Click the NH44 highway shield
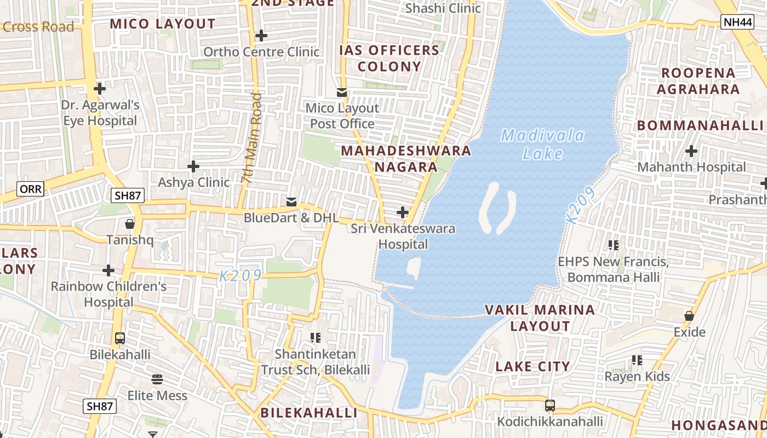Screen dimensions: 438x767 [x=736, y=22]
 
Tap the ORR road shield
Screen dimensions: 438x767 [x=30, y=189]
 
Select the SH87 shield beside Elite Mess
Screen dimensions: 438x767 [x=100, y=406]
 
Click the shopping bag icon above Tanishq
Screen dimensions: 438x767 [x=129, y=224]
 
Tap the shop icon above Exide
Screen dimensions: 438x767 [x=689, y=316]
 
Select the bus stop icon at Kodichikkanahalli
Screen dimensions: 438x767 [x=550, y=406]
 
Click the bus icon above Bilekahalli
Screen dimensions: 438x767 [x=120, y=338]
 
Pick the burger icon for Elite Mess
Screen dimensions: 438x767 [x=157, y=379]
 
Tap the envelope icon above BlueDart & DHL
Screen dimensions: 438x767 [x=291, y=202]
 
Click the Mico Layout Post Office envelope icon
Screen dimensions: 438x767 [x=342, y=93]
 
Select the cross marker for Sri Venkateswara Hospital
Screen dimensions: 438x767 [x=403, y=212]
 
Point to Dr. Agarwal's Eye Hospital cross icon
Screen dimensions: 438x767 [x=100, y=88]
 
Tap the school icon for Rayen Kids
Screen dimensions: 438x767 [x=637, y=360]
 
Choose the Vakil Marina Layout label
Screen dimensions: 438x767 [x=540, y=318]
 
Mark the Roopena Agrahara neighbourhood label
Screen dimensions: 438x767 [x=698, y=81]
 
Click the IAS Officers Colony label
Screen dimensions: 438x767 [x=389, y=59]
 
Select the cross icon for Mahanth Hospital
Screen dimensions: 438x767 [x=691, y=151]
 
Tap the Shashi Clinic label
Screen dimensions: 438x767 [x=443, y=8]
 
